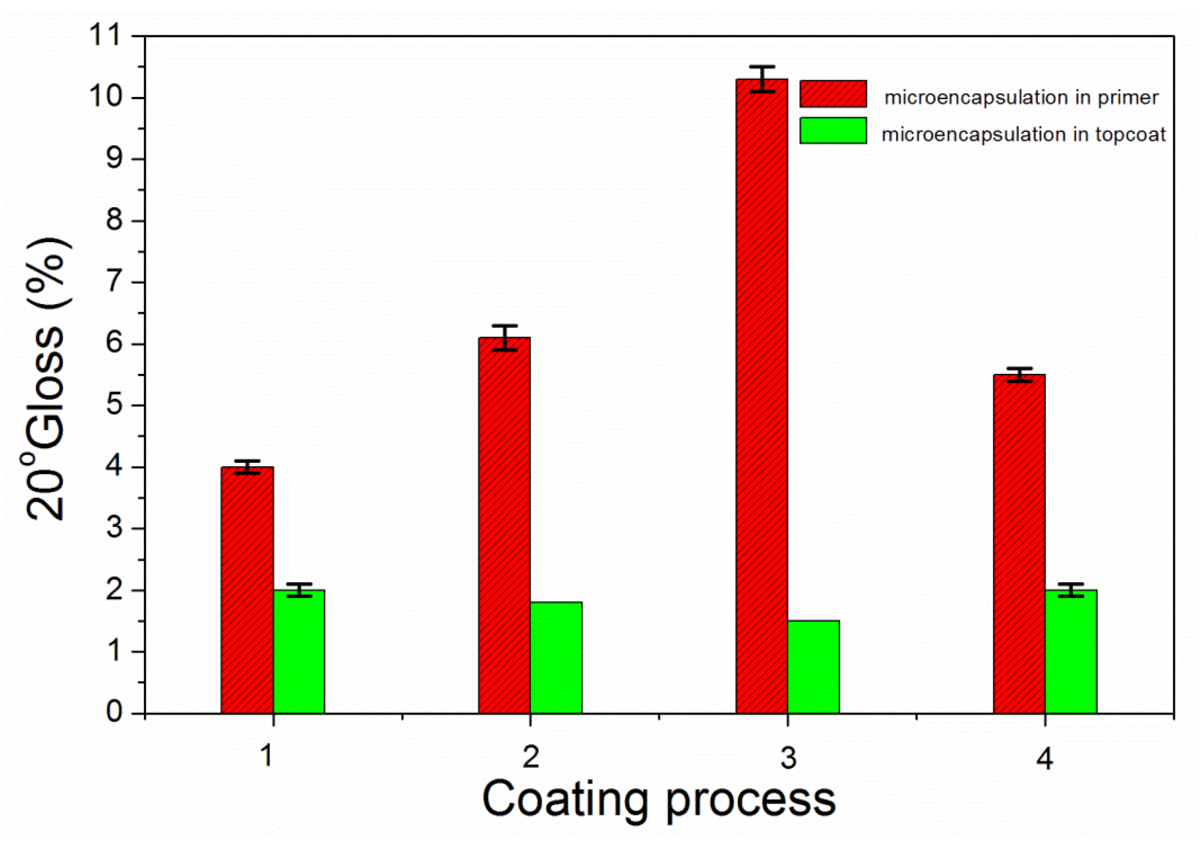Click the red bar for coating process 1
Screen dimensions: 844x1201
click(x=247, y=589)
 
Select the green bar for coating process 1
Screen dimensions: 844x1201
click(x=299, y=651)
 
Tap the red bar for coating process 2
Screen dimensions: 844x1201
click(x=504, y=525)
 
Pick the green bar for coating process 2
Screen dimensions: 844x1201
click(x=556, y=657)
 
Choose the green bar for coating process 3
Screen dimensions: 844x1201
click(x=813, y=666)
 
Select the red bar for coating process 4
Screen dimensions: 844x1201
click(x=1019, y=543)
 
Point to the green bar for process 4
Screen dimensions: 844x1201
click(x=1071, y=651)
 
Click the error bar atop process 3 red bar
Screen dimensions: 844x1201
click(x=762, y=79)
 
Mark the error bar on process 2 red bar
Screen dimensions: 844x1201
click(x=504, y=337)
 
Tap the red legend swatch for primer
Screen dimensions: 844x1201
click(x=833, y=93)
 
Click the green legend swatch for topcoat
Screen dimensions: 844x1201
click(x=833, y=130)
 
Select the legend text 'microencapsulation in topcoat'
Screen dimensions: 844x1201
click(x=1023, y=135)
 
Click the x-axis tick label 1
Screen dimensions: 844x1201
click(x=266, y=756)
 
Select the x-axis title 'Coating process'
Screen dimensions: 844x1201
click(x=659, y=799)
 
